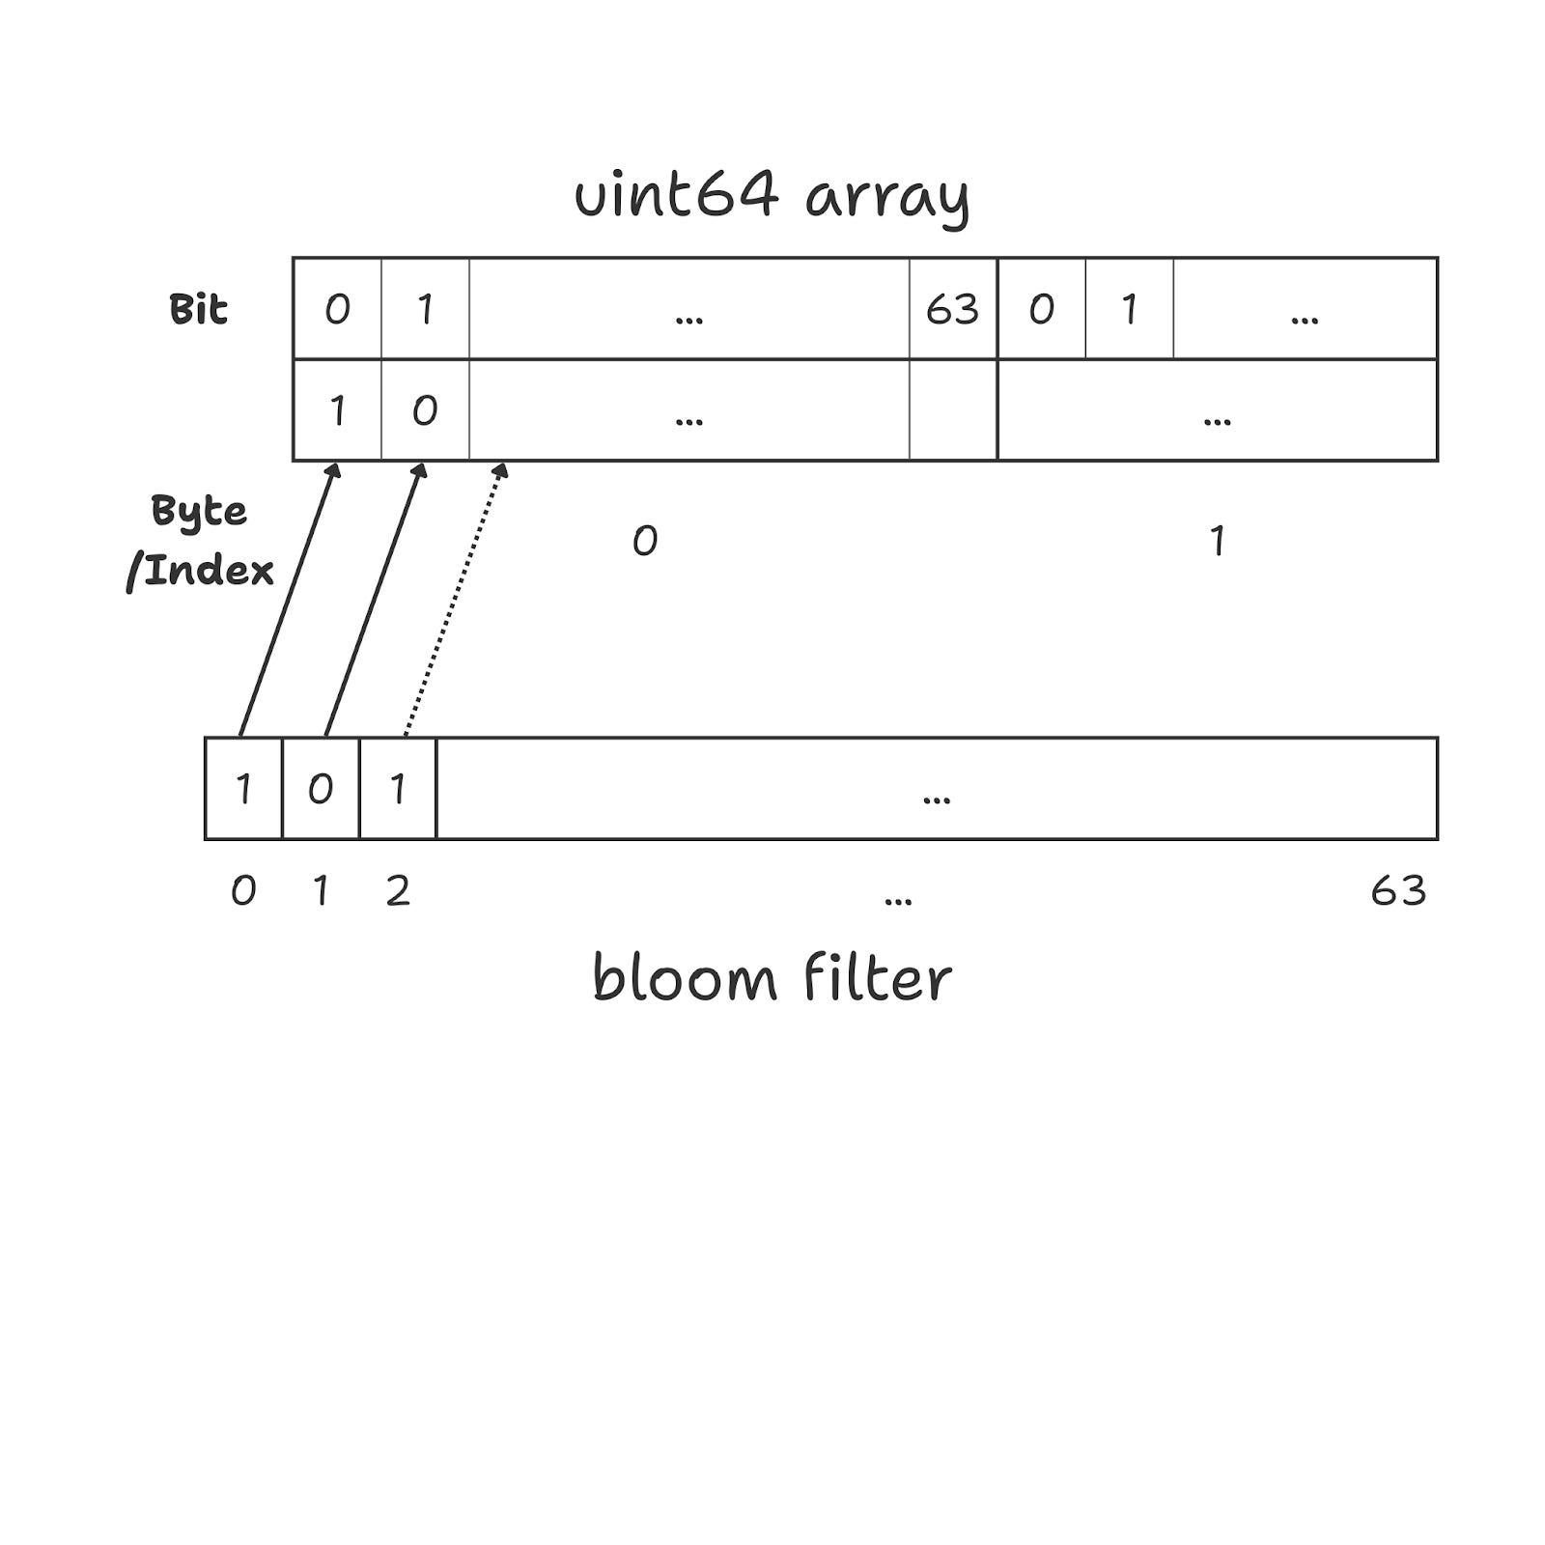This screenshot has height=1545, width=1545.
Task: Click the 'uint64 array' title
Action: (772, 196)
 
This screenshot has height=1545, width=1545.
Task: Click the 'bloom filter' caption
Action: (772, 979)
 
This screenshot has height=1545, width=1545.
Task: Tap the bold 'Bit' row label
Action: (198, 309)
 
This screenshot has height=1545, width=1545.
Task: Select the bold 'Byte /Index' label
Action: (201, 541)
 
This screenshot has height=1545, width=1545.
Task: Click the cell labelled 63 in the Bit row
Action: (952, 309)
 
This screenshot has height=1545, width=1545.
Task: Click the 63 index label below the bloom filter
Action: (1397, 890)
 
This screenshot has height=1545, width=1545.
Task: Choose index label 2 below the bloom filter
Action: (398, 890)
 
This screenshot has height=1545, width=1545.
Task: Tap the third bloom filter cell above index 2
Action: (398, 789)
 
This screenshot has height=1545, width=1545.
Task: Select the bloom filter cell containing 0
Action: (321, 789)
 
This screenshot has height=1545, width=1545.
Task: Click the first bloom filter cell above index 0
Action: (243, 789)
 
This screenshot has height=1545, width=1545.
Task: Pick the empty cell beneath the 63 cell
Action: (952, 410)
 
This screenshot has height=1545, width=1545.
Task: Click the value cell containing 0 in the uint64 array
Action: (425, 410)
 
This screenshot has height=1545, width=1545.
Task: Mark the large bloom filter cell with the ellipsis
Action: (937, 789)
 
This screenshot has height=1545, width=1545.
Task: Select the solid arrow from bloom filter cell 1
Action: (375, 599)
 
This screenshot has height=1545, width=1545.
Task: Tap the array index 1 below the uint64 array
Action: (1218, 541)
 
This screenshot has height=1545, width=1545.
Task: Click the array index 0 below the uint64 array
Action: (645, 541)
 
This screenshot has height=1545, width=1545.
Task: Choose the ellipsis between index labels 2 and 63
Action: (898, 898)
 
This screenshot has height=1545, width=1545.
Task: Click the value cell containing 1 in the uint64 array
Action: (337, 410)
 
